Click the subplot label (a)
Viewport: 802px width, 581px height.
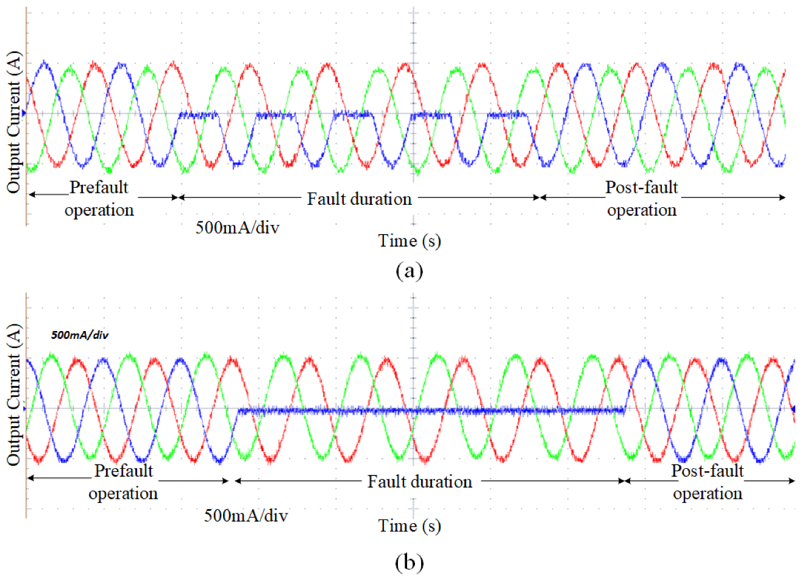[x=409, y=270]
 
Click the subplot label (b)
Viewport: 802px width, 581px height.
[x=409, y=561]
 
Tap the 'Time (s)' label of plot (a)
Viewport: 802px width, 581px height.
[x=409, y=241]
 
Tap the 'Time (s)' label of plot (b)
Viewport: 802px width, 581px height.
[x=409, y=526]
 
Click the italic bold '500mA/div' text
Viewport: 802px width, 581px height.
[x=80, y=335]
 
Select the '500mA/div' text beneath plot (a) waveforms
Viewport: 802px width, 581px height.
[x=237, y=227]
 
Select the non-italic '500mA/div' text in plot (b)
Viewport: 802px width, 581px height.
[x=246, y=516]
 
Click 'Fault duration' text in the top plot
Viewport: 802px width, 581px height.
[x=359, y=199]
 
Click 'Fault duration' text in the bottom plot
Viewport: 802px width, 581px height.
[x=419, y=482]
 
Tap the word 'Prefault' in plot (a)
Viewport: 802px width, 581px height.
[x=99, y=187]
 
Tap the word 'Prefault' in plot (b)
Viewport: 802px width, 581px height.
[x=124, y=471]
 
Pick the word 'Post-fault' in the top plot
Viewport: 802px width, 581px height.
[x=641, y=187]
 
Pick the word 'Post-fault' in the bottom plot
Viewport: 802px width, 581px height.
[x=707, y=471]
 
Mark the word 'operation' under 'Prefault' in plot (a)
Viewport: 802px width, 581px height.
[x=99, y=210]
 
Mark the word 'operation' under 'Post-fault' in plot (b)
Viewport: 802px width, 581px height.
[x=707, y=493]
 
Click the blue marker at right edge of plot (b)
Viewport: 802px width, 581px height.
[x=793, y=408]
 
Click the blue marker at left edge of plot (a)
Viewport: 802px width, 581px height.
[x=24, y=113]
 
